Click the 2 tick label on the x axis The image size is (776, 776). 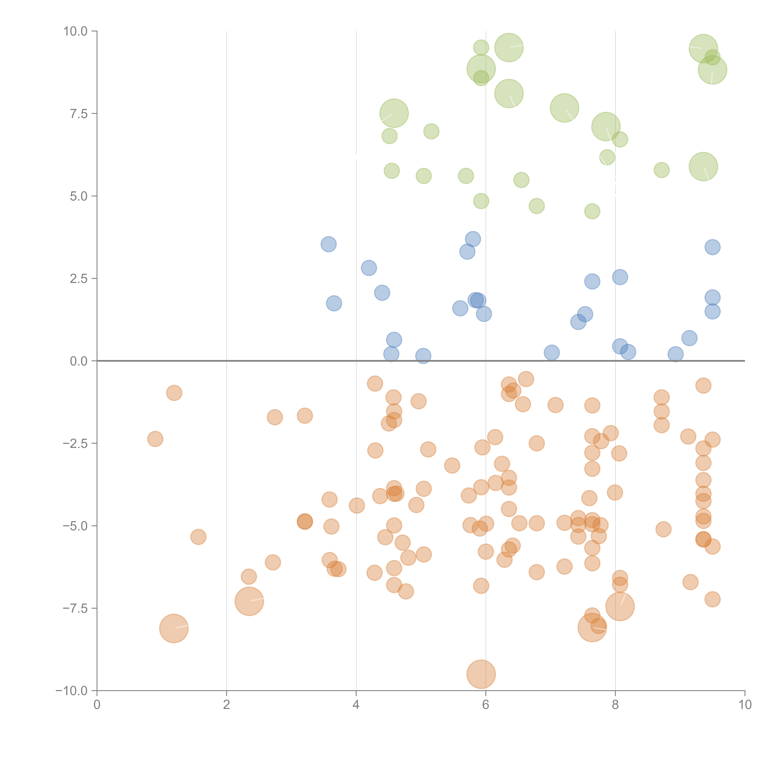coord(227,705)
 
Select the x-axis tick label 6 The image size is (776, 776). coord(486,705)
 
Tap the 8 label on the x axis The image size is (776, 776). coord(615,705)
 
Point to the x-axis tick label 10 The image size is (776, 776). coord(745,705)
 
